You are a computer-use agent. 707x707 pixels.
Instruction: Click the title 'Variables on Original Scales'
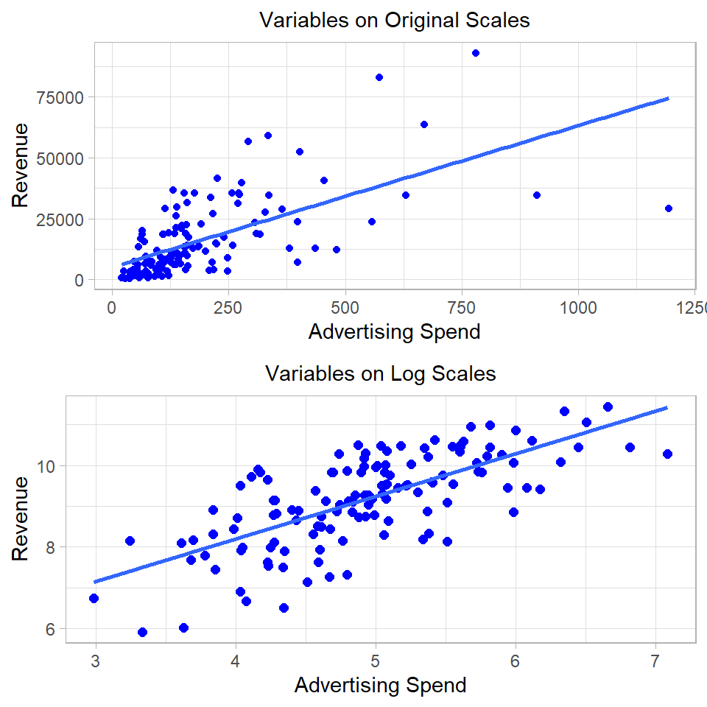coord(395,20)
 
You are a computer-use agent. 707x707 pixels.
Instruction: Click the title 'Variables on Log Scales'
coord(380,373)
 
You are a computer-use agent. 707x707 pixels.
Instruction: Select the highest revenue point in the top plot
coord(476,53)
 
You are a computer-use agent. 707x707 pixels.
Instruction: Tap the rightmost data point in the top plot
coord(669,208)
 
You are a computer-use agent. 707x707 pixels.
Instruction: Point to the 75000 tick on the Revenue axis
coord(63,97)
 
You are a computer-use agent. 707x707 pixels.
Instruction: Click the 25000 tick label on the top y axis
coord(63,219)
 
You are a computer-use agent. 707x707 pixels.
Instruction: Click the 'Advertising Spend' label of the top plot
coord(394,332)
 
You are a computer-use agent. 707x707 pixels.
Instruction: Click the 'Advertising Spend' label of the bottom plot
coord(380,686)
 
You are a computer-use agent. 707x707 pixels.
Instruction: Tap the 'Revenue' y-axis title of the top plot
coord(21,165)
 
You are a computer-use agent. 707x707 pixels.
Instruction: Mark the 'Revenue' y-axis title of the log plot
coord(21,518)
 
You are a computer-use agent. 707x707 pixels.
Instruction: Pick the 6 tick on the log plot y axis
coord(52,629)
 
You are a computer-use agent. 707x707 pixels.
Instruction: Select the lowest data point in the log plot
coord(142,632)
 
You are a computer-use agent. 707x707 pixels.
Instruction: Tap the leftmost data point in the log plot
coord(94,598)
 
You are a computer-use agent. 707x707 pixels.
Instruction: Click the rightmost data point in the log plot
coord(668,454)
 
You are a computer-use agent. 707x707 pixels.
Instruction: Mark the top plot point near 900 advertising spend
coord(537,195)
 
